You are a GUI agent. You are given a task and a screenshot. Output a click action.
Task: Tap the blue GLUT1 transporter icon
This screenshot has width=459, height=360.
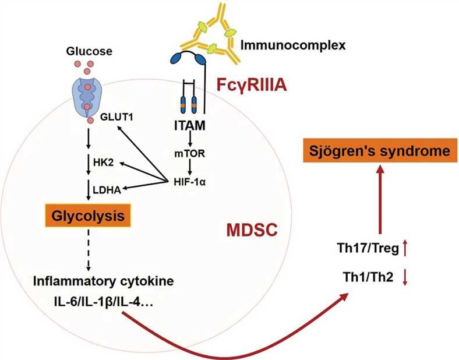tap(88, 97)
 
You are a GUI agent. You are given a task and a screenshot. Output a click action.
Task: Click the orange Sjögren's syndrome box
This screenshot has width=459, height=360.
tap(379, 151)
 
